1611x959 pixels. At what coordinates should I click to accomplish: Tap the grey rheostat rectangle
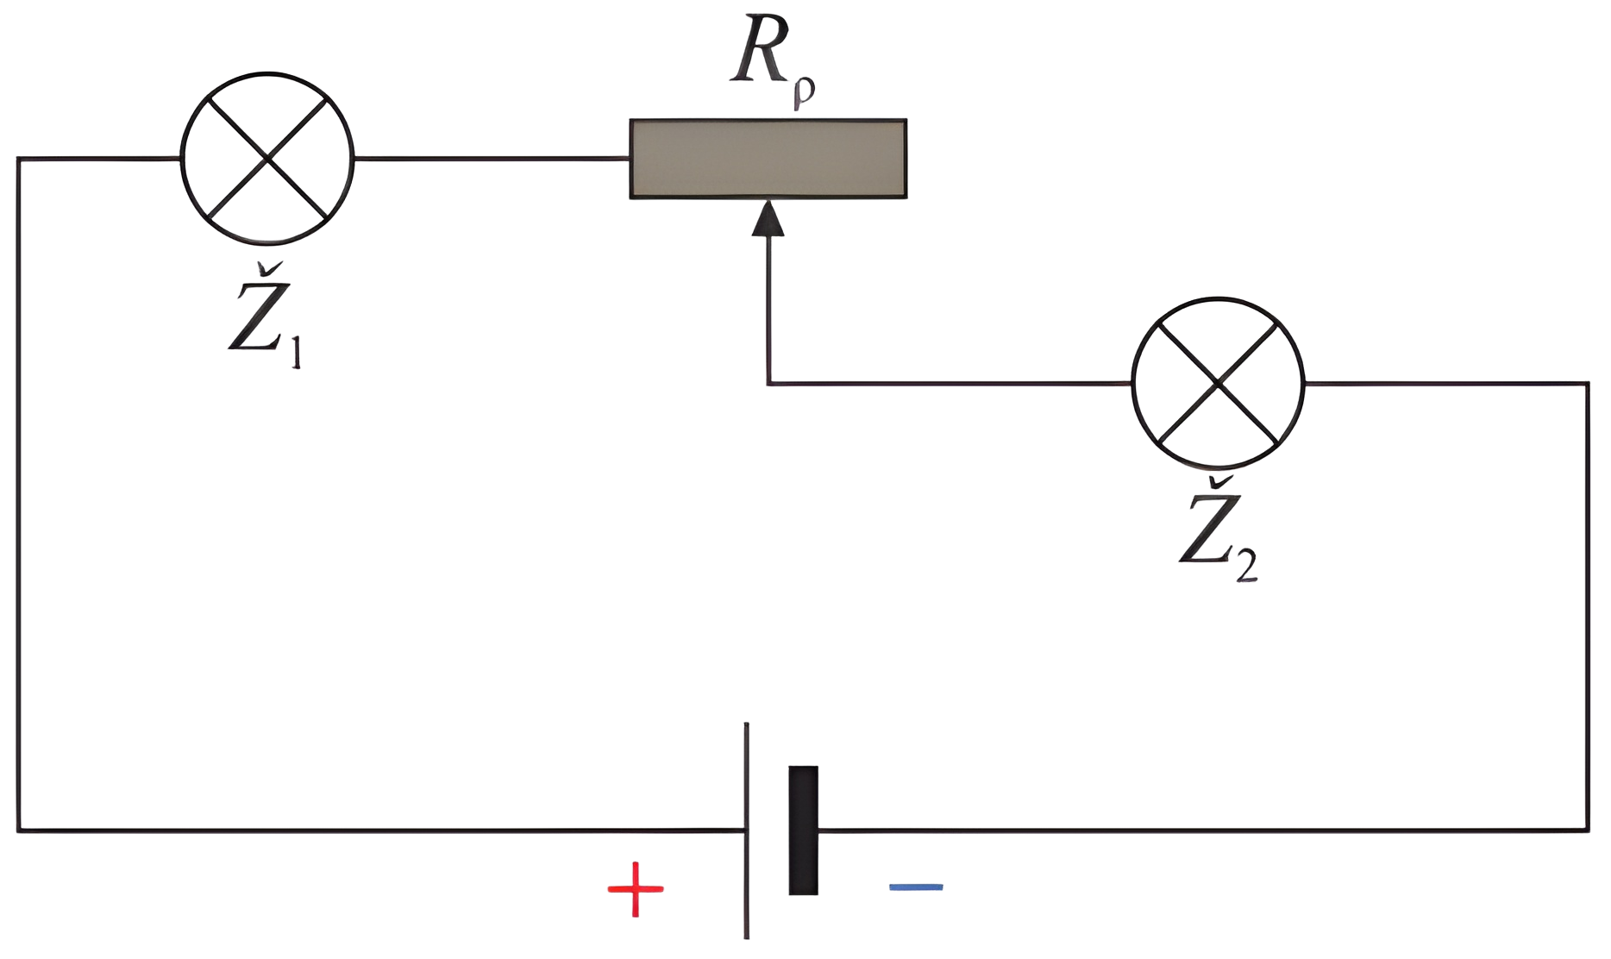coord(768,159)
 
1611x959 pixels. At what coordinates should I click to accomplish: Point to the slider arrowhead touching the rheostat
coord(768,218)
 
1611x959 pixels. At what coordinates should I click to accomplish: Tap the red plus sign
coord(636,888)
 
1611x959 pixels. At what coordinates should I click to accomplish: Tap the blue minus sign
coord(916,887)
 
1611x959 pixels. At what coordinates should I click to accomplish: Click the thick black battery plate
coord(803,830)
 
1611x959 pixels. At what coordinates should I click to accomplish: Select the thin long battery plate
coord(747,830)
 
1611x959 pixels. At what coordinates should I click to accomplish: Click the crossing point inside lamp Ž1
coord(267,159)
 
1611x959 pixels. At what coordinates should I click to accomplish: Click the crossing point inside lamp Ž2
coord(1218,383)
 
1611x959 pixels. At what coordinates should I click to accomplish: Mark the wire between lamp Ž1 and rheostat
coord(492,159)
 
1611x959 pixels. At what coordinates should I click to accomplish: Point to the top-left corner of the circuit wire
coord(18,159)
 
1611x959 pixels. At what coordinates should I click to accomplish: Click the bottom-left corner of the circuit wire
coord(18,831)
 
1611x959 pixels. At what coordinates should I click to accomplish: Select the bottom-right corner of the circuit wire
coord(1588,831)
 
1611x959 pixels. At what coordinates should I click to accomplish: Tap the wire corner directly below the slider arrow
coord(768,384)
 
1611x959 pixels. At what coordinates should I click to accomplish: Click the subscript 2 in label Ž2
coord(1246,567)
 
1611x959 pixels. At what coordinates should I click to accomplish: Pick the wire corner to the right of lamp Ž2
coord(1588,384)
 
